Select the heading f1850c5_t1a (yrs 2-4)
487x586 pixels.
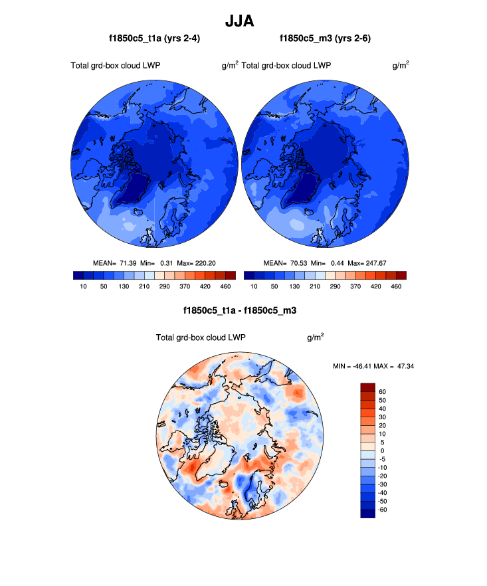pos(154,39)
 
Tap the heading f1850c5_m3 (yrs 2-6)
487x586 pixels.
pos(325,39)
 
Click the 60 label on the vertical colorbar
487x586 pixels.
pos(381,392)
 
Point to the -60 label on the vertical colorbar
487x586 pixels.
pos(383,509)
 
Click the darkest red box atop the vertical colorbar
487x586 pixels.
pos(368,387)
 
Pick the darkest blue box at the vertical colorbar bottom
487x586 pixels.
pos(368,513)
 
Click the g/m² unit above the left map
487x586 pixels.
pos(230,65)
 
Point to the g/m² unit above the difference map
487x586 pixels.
pos(315,338)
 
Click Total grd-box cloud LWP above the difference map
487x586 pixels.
pos(201,338)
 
